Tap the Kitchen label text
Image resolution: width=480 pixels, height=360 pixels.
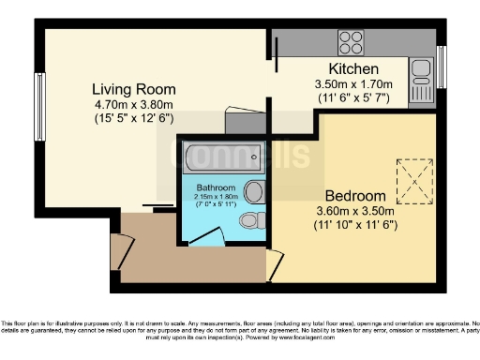click(352, 69)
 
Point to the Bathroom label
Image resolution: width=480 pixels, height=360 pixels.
click(215, 187)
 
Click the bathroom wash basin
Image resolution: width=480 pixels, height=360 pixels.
click(253, 192)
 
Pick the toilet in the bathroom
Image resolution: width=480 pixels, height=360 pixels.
click(248, 221)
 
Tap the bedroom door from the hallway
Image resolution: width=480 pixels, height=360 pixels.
click(272, 264)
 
